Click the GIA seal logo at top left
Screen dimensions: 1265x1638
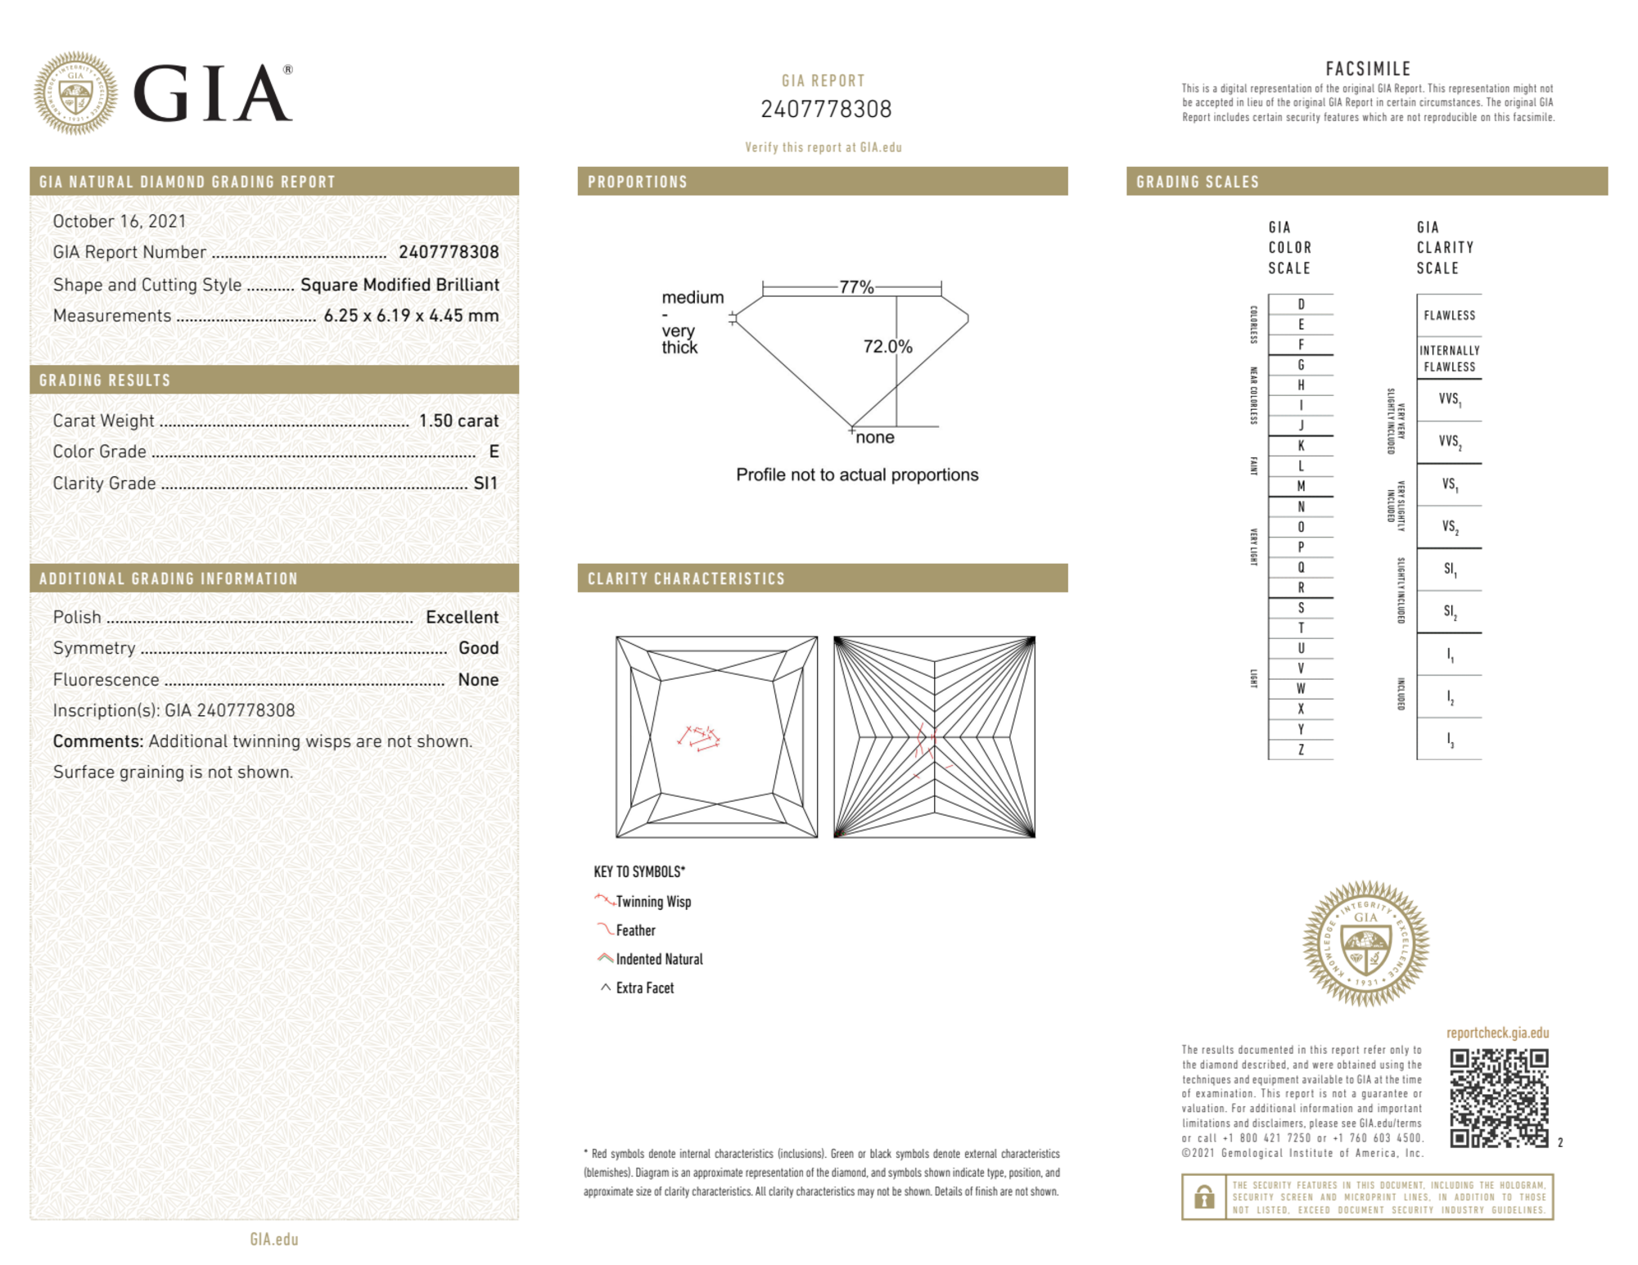coord(75,93)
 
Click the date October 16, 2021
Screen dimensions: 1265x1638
coord(120,221)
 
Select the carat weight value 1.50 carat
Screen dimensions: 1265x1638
coord(458,421)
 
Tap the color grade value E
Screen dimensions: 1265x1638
coord(494,452)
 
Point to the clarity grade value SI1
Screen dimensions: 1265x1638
coord(485,484)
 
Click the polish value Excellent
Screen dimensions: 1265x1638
coord(462,617)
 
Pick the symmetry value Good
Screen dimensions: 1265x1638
coord(478,648)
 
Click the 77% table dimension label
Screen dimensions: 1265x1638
coord(856,287)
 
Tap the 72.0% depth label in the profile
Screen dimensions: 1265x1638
coord(887,346)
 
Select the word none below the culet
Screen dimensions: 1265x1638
coord(875,438)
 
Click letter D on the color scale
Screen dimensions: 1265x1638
coord(1301,304)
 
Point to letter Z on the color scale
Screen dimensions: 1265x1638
coord(1301,750)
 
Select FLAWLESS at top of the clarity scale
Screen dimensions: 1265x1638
coord(1449,316)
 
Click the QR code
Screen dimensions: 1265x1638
coord(1499,1098)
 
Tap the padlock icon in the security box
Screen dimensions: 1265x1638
coord(1203,1197)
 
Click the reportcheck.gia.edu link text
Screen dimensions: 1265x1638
coord(1497,1033)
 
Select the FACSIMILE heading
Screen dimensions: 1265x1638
coord(1368,69)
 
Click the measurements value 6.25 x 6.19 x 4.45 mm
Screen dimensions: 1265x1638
coord(411,316)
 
